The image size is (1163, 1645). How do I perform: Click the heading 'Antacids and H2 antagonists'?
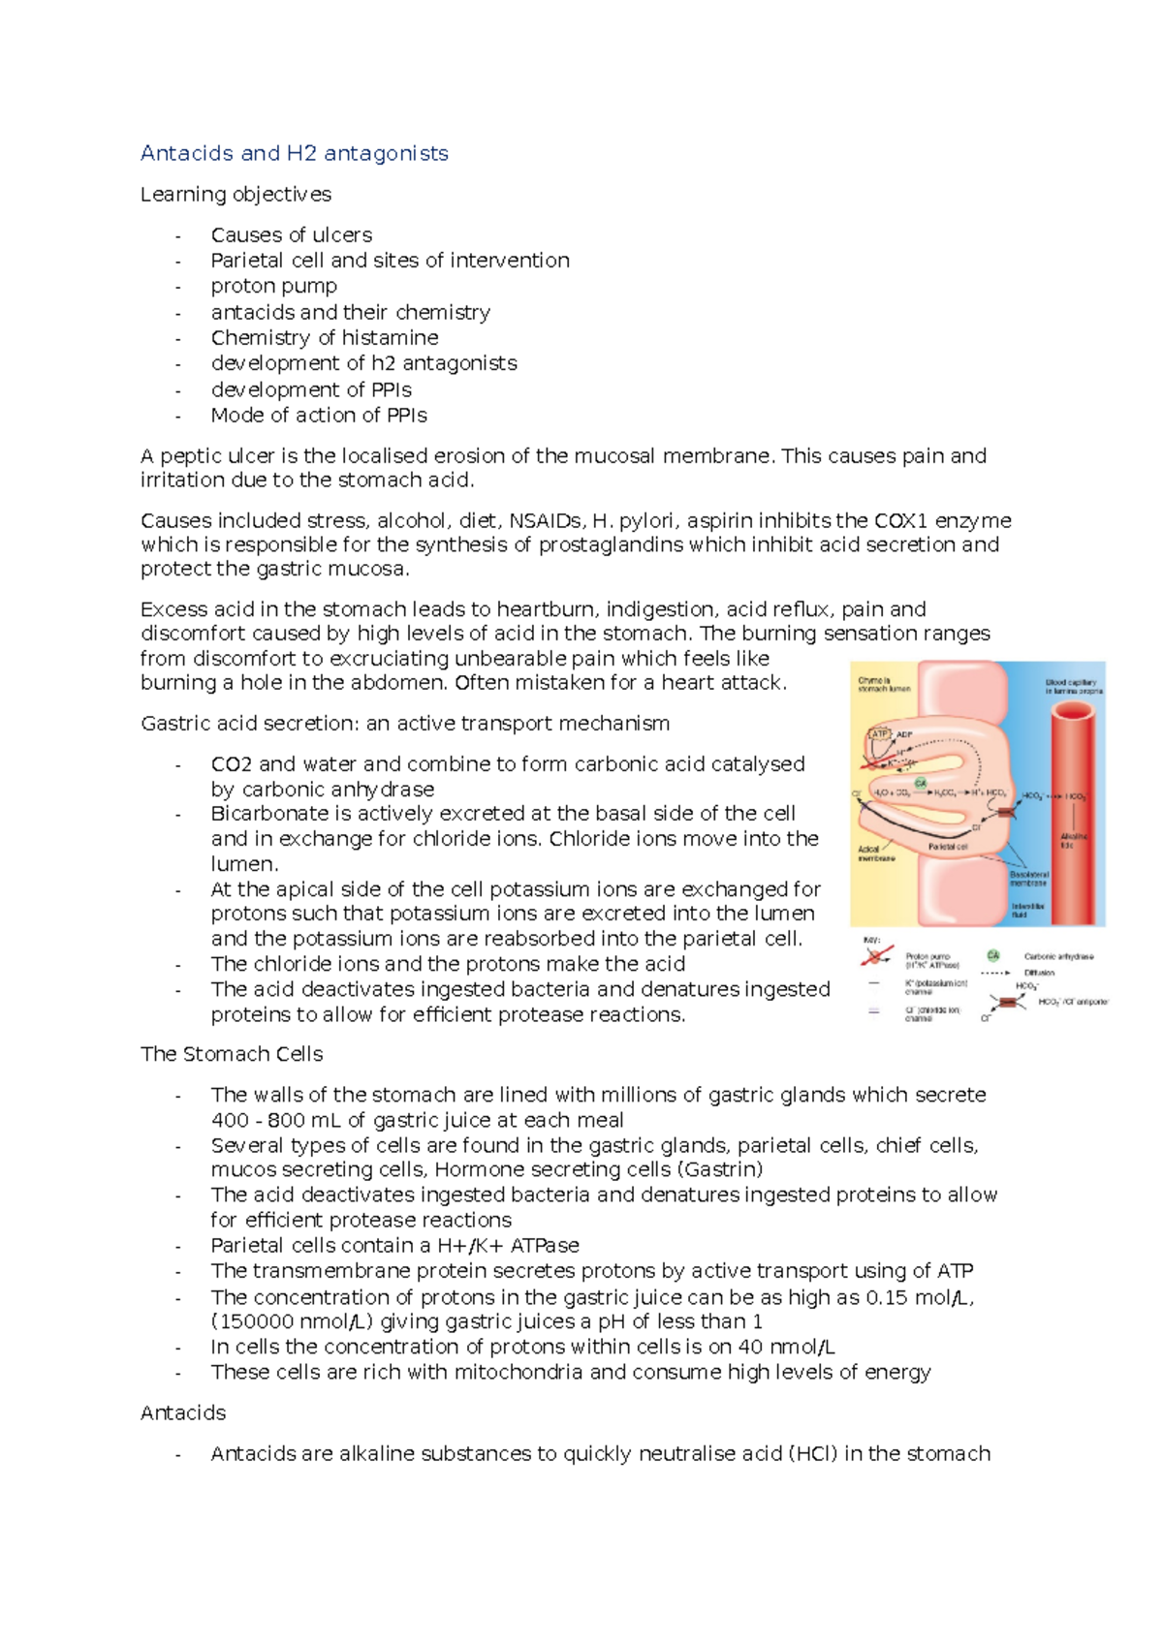[x=294, y=153]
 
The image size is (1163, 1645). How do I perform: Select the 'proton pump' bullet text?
[x=273, y=287]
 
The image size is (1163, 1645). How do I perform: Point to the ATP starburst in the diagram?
[x=880, y=733]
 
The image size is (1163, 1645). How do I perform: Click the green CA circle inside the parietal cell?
[x=920, y=783]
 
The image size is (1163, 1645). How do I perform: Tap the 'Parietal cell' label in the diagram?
[x=948, y=846]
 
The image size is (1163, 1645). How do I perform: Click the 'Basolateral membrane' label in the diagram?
[x=1028, y=879]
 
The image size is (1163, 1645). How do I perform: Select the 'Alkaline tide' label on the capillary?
[x=1073, y=840]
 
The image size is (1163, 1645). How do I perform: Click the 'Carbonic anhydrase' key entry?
[x=1058, y=956]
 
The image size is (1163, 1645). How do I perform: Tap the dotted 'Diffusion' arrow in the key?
[x=994, y=973]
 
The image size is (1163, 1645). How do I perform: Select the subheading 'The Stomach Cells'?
[x=232, y=1054]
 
